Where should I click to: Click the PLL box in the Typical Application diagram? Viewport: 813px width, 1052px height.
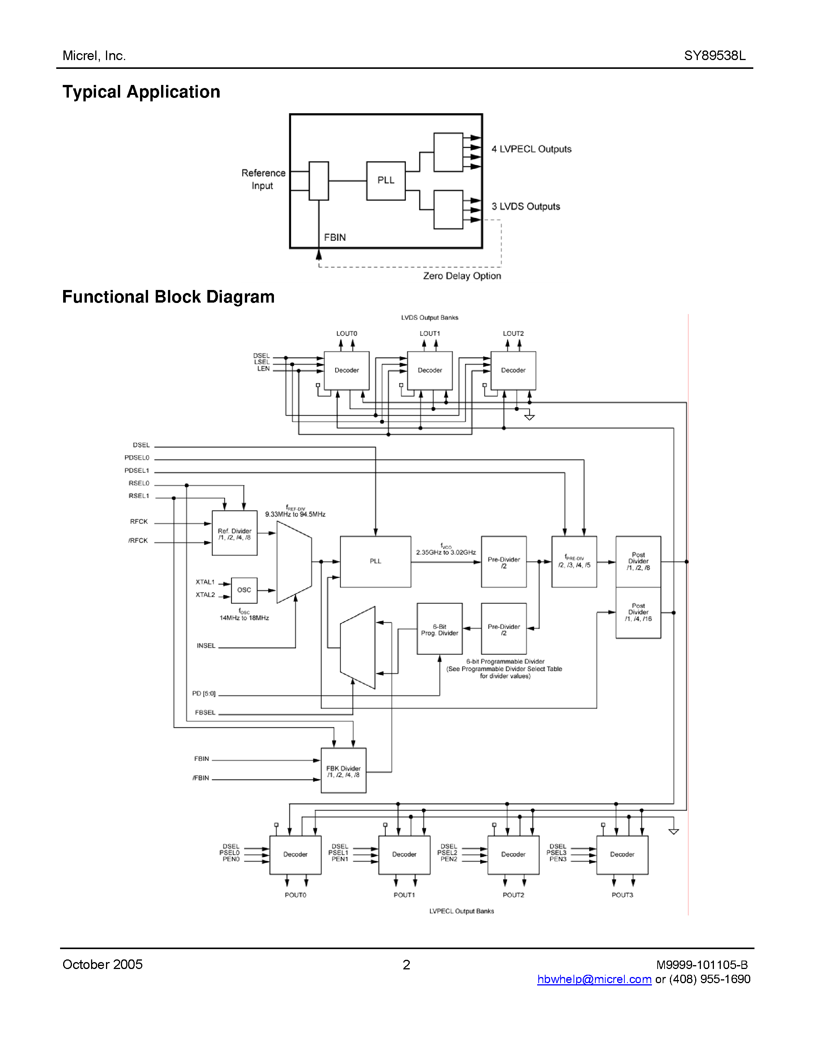tap(385, 181)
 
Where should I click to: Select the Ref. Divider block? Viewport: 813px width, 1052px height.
tap(235, 533)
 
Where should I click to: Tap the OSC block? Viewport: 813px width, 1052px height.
tap(244, 590)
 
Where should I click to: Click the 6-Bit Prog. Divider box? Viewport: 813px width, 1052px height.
tap(439, 629)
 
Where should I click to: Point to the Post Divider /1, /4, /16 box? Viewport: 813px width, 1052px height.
tap(638, 613)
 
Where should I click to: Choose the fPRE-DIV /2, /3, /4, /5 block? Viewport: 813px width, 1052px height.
tap(574, 562)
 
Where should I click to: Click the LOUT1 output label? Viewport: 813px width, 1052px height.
tap(430, 333)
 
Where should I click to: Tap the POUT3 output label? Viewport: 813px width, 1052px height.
tap(622, 895)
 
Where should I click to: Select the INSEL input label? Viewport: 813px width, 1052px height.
tap(206, 646)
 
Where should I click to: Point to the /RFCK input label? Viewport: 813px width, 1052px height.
tap(138, 541)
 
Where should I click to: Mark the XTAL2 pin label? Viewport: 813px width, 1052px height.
tap(205, 595)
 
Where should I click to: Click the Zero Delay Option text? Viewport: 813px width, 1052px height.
tap(462, 276)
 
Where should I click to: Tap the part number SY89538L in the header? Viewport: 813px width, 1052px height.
tap(715, 56)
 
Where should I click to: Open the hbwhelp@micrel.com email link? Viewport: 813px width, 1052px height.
tap(594, 979)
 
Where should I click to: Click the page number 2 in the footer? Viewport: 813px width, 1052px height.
tap(406, 965)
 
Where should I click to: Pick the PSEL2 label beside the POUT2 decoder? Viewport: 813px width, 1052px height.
tap(448, 853)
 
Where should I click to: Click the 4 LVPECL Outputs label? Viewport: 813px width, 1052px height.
tap(531, 149)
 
